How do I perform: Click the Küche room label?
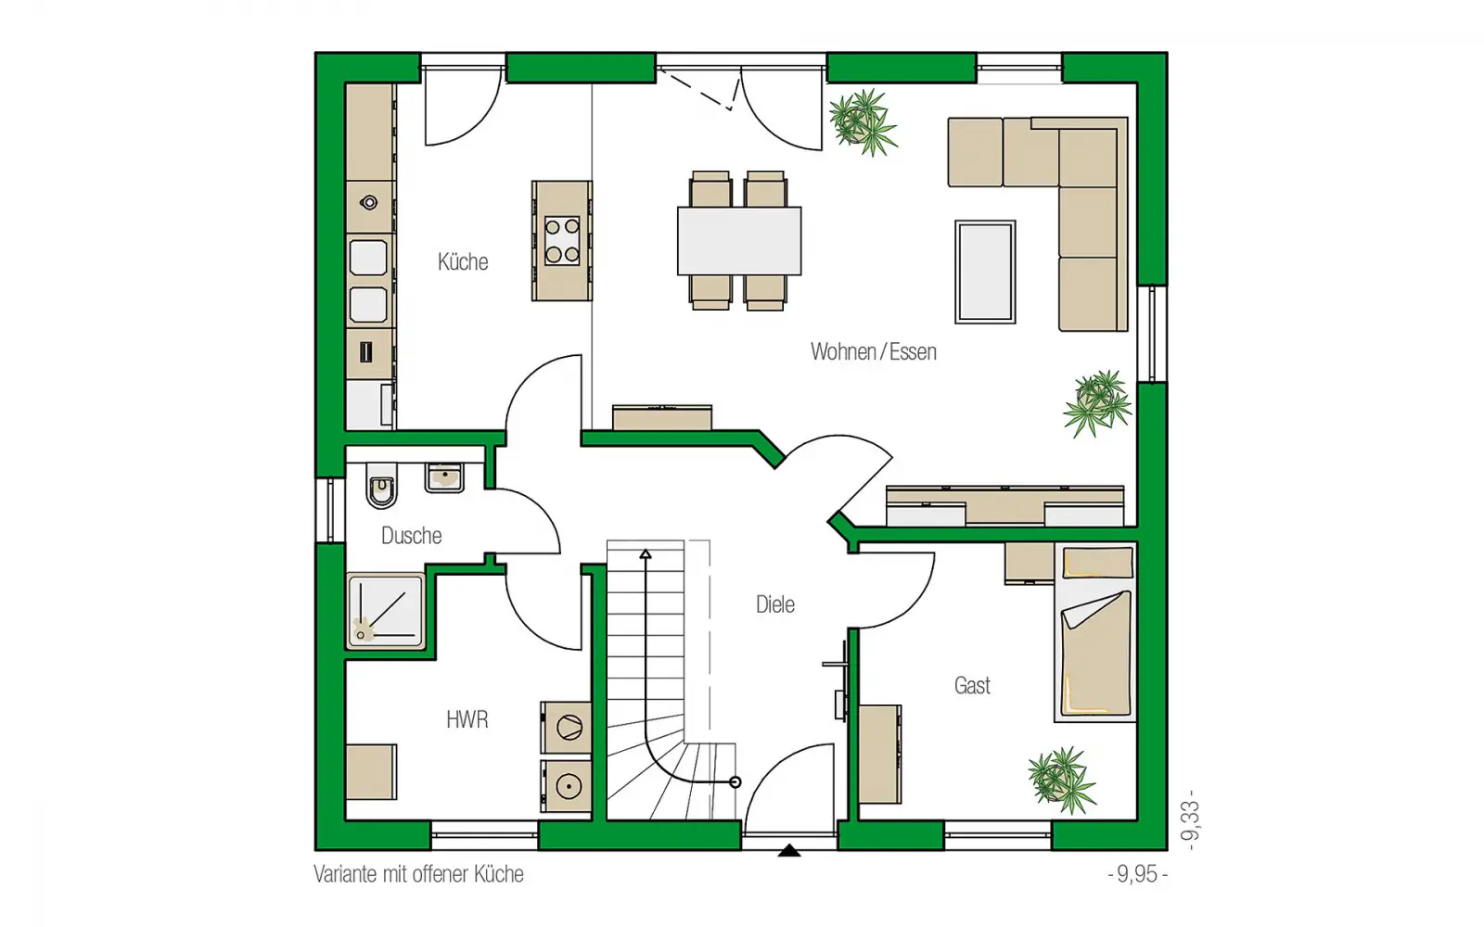[463, 262]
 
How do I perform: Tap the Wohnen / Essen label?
[873, 351]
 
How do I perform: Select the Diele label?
[775, 604]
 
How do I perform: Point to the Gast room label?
[972, 685]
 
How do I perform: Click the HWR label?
[467, 719]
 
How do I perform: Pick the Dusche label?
[412, 536]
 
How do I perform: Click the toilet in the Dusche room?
[381, 485]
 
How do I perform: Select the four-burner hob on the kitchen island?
[562, 241]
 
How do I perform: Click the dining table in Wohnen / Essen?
[738, 241]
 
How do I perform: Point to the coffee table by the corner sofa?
[984, 273]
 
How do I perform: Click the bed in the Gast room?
[1095, 632]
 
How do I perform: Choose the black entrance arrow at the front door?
[788, 851]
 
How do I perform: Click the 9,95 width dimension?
[1137, 874]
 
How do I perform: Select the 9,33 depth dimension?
[1190, 819]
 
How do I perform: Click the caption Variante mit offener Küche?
[418, 874]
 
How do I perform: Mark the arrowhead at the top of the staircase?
[646, 554]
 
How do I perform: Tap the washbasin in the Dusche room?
[444, 477]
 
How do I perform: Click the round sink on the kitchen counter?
[369, 203]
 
